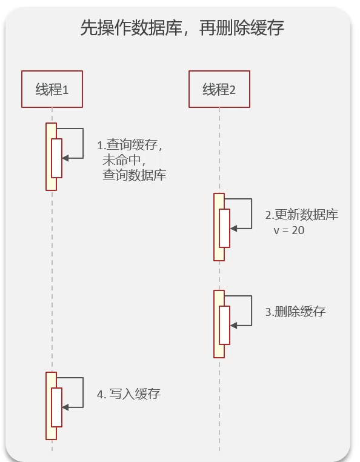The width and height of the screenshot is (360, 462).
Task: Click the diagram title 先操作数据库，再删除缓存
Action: coord(182,28)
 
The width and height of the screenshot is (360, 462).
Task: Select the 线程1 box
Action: coord(52,90)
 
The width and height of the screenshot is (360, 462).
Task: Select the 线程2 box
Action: coord(219,90)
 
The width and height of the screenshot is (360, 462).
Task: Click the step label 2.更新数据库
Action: coord(302,215)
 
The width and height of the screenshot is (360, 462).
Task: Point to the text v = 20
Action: coord(290,230)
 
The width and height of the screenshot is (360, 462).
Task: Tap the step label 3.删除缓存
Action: coord(295,312)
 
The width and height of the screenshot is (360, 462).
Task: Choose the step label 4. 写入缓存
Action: coord(128,394)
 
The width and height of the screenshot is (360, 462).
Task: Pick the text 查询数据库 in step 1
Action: coord(134,176)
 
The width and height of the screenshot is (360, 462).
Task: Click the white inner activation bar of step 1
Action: coord(56,158)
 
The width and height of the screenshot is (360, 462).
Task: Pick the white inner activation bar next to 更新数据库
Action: coord(224,229)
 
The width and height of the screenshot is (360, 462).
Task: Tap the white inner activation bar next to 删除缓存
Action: coord(224,326)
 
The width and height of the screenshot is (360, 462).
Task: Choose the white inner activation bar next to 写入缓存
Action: coord(56,407)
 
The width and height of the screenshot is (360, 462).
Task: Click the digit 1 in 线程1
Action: coord(65,90)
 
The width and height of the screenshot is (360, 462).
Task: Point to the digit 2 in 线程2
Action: coord(232,90)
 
